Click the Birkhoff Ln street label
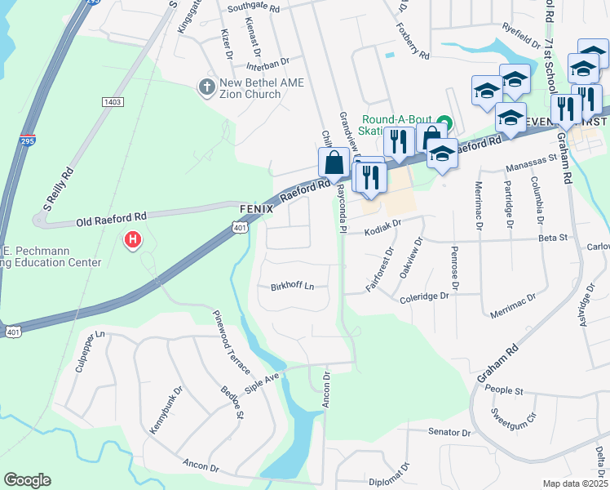[292, 287]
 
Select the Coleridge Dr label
[424, 298]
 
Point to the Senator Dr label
[449, 431]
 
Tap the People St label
[504, 390]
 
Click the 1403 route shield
[113, 101]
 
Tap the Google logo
[28, 480]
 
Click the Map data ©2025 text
[575, 483]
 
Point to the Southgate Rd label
[254, 7]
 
